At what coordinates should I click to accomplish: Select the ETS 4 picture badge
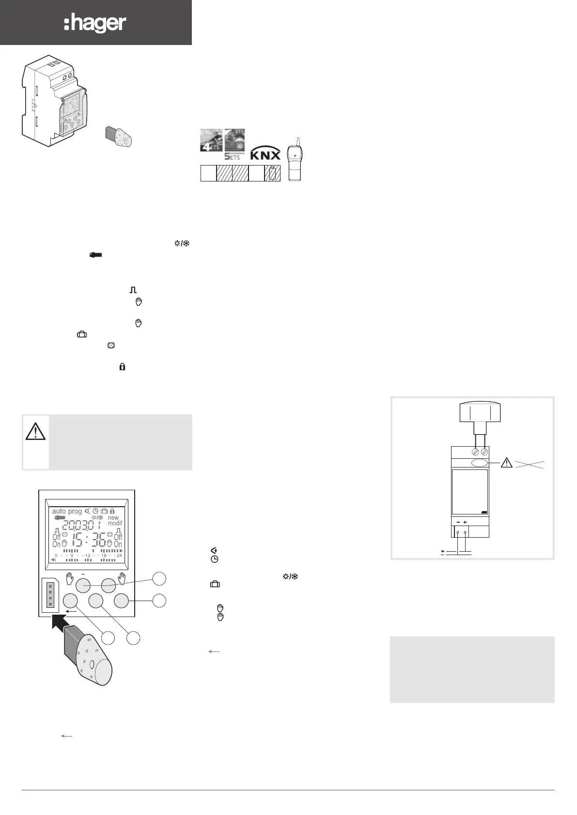pyautogui.click(x=211, y=140)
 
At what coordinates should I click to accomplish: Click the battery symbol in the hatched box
pyautogui.click(x=273, y=173)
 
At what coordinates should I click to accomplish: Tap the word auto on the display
pyautogui.click(x=59, y=511)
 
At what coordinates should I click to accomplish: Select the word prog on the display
pyautogui.click(x=75, y=511)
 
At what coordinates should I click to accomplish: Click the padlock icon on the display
pyautogui.click(x=112, y=511)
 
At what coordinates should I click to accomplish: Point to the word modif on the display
pyautogui.click(x=115, y=523)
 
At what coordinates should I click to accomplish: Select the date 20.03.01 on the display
pyautogui.click(x=81, y=525)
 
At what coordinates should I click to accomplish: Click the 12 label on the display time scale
pyautogui.click(x=88, y=556)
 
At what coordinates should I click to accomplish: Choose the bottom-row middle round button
pyautogui.click(x=96, y=601)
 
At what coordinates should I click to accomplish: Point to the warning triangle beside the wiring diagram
pyautogui.click(x=506, y=463)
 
